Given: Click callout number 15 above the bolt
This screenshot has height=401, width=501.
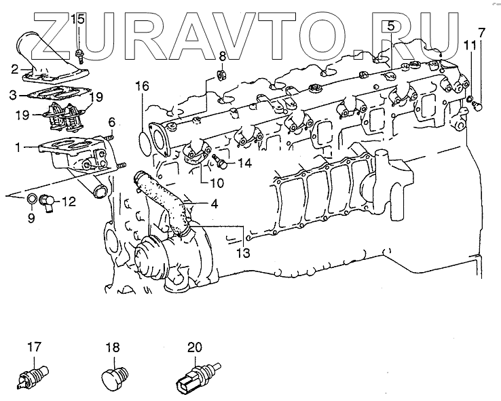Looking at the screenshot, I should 79,18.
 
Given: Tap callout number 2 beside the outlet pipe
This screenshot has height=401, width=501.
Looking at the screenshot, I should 14,68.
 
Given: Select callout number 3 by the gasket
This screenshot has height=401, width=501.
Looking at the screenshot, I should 14,94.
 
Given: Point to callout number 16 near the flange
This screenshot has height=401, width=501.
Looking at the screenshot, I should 141,86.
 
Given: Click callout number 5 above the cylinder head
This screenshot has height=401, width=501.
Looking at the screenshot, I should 391,26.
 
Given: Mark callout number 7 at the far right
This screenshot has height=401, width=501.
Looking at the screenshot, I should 481,32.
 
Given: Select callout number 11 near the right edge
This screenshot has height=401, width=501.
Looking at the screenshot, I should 469,45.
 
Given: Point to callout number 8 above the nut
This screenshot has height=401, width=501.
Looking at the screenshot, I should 223,55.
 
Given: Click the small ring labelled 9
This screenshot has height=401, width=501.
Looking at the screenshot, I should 33,199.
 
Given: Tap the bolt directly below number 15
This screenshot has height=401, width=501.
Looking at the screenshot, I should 80,52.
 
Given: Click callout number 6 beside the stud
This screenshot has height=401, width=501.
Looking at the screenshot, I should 111,122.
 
